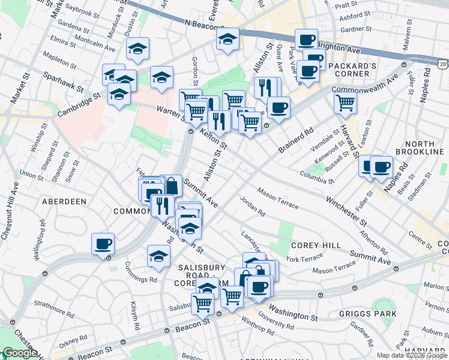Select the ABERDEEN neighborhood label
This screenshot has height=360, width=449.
pos(64,202)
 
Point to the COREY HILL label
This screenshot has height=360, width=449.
pos(316,245)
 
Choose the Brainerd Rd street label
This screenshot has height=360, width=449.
pos(297,140)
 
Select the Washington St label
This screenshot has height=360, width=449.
pos(293,312)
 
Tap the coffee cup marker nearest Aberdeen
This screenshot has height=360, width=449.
pos(103,244)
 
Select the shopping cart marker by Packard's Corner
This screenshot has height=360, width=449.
pos(345,103)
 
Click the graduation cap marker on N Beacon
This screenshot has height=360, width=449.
pos(228,40)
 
